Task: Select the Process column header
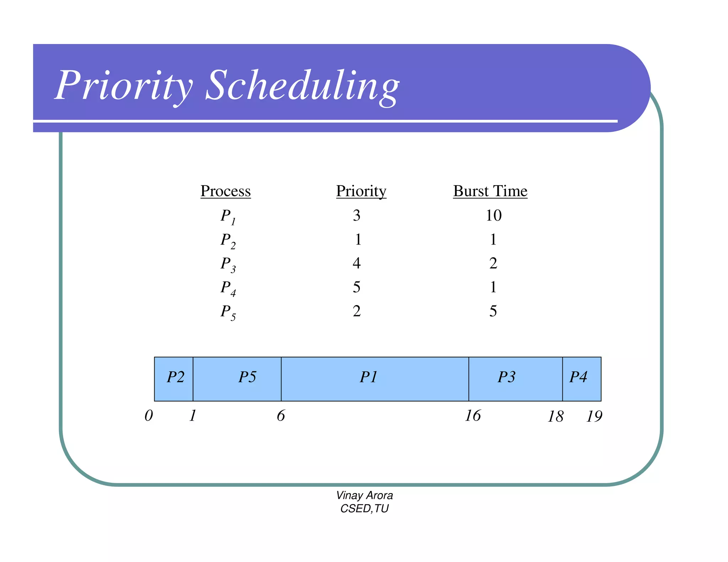coord(225,191)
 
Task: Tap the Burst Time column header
coord(490,191)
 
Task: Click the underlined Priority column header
coord(361,191)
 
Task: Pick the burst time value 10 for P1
coord(493,215)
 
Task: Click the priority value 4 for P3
coord(357,263)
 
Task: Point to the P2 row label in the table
coord(227,241)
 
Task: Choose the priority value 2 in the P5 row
coord(357,311)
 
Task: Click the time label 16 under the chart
coord(472,416)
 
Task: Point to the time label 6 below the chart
coord(280,416)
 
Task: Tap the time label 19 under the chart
coord(594,416)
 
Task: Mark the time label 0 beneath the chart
coord(149,416)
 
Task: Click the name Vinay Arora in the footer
coord(364,495)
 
